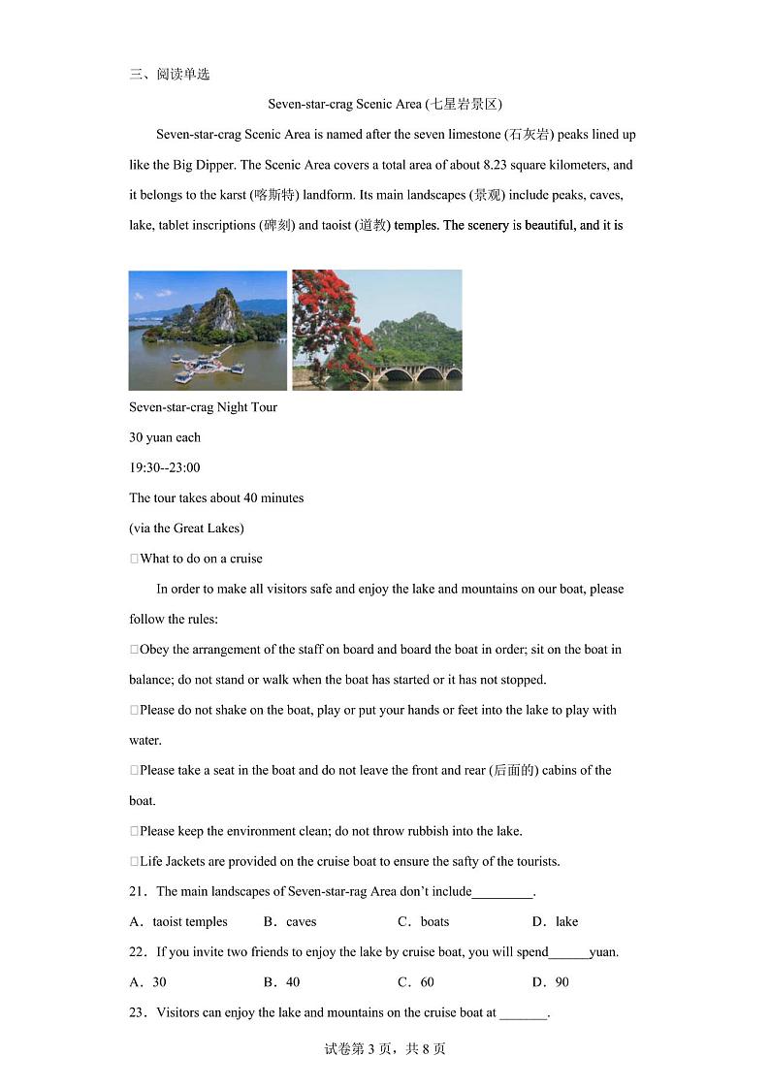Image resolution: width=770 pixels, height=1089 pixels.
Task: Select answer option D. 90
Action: coord(551,981)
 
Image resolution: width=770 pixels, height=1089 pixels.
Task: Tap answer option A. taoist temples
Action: coord(179,921)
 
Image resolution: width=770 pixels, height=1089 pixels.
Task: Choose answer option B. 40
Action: coord(282,981)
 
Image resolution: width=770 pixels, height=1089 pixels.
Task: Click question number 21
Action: coord(138,891)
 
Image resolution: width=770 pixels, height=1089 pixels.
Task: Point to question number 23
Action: coord(138,1012)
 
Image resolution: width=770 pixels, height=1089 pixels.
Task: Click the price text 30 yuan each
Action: coord(165,437)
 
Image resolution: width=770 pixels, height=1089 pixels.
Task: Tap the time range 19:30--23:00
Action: coord(165,467)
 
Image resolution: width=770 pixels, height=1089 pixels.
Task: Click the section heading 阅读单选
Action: coord(182,74)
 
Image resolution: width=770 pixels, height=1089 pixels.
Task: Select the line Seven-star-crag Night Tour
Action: coord(204,407)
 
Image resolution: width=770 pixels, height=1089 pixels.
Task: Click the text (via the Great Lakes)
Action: coord(186,528)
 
